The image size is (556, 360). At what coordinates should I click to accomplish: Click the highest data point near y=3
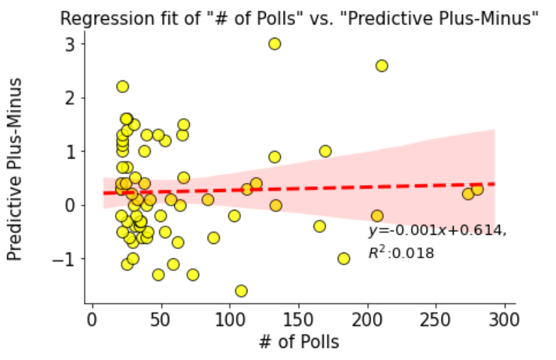[x=274, y=43]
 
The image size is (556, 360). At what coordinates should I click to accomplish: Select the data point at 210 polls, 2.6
[x=382, y=65]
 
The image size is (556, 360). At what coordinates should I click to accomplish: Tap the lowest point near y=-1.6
[x=241, y=290]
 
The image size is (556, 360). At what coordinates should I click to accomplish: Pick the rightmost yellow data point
[x=477, y=189]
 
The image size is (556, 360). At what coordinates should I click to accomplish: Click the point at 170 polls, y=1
[x=325, y=151]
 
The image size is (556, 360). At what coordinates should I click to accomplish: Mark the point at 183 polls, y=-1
[x=344, y=258]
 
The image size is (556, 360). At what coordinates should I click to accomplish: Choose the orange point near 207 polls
[x=377, y=216]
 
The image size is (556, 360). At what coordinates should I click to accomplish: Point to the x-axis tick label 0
[x=92, y=317]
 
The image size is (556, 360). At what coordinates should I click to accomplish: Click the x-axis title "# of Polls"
[x=298, y=342]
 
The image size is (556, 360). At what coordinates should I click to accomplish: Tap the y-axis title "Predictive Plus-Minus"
[x=16, y=168]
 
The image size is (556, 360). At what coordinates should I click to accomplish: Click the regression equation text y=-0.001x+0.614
[x=437, y=231]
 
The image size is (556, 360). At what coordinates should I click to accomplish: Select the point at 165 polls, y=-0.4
[x=319, y=226]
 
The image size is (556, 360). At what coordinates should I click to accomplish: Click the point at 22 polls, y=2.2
[x=122, y=87]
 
